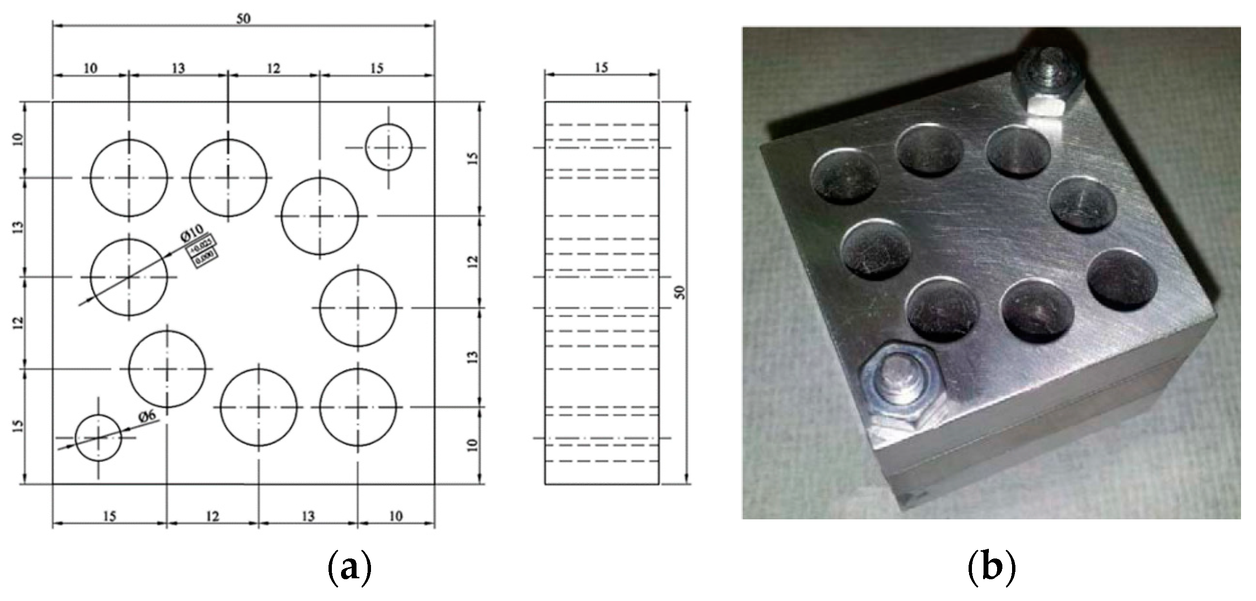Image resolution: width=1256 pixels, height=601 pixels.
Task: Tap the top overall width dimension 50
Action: pos(243,18)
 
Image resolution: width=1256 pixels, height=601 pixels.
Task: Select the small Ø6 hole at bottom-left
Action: pos(99,438)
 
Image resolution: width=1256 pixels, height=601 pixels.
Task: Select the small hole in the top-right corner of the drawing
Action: pos(388,147)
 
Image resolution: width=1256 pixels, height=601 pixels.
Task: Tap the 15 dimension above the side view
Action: pos(601,68)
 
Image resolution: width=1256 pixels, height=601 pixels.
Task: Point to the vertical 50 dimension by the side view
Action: pos(681,292)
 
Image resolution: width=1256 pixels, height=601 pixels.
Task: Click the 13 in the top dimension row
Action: pos(178,68)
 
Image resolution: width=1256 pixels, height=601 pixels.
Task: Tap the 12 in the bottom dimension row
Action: pos(212,515)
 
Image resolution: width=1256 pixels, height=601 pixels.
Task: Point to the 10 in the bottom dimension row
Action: pos(396,515)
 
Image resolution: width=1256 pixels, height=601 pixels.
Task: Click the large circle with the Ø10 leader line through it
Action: pos(128,277)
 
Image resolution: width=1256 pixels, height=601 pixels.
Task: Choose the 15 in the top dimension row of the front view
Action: pos(376,68)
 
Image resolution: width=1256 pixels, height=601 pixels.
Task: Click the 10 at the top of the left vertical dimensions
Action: pos(18,140)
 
